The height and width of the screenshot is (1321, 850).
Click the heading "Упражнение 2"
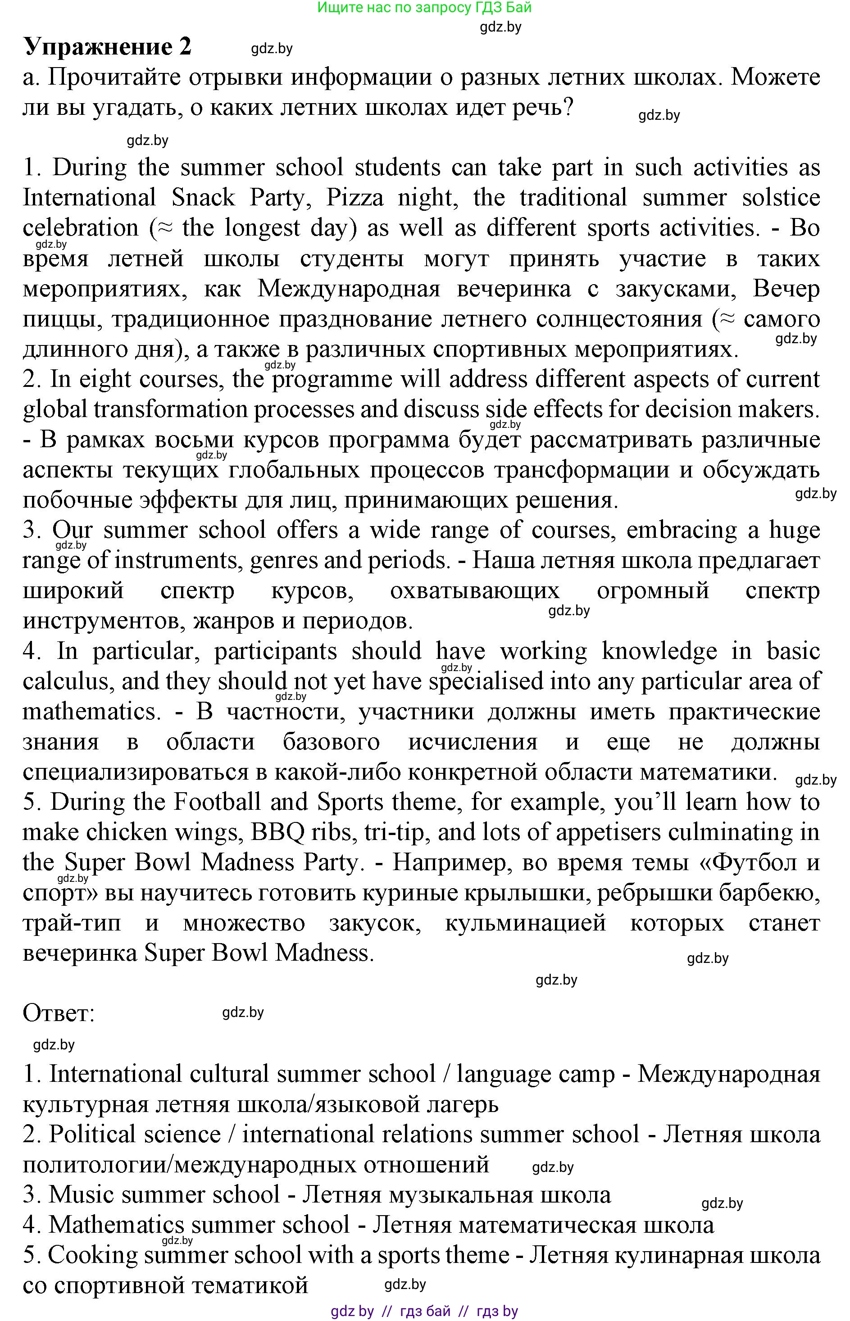(x=107, y=47)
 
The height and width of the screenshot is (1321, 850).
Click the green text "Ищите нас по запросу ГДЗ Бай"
(x=424, y=8)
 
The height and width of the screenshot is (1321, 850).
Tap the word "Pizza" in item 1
(x=355, y=198)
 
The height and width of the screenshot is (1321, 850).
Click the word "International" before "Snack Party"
(x=90, y=198)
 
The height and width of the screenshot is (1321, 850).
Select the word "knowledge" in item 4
(x=659, y=651)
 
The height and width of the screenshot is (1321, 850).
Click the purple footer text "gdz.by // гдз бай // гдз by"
(x=424, y=1311)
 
